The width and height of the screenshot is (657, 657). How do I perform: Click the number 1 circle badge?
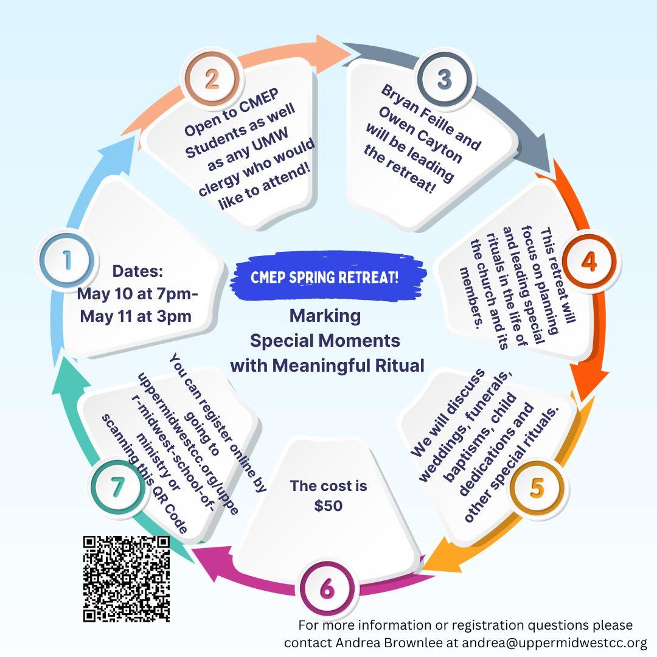pyautogui.click(x=66, y=261)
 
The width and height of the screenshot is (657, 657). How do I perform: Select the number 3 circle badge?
pyautogui.click(x=444, y=79)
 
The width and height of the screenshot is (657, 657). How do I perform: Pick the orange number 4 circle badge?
pyautogui.click(x=588, y=261)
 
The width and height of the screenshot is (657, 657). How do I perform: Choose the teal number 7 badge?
pyautogui.click(x=117, y=487)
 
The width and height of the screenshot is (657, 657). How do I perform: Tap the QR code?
pyautogui.click(x=126, y=579)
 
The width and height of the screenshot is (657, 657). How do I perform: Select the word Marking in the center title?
pyautogui.click(x=325, y=316)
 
